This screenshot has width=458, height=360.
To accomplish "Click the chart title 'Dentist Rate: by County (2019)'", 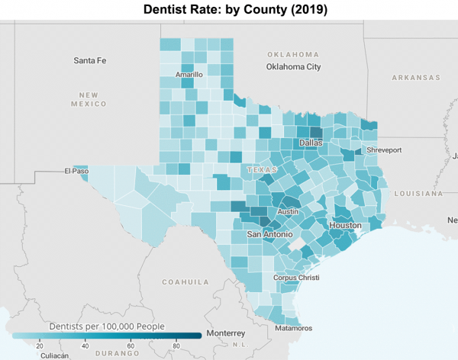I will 229,10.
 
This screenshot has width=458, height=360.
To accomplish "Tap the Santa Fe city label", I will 90,60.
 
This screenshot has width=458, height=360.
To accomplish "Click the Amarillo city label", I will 189,75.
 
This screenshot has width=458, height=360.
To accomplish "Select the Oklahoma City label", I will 293,67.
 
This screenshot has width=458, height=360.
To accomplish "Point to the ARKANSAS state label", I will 416,78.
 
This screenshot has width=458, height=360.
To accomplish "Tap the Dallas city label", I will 311,143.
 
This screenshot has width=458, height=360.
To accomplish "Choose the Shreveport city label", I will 384,151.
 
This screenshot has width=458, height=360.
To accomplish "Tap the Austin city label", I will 288,212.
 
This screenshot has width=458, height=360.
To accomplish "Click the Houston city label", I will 346,227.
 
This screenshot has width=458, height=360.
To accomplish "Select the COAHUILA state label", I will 185,281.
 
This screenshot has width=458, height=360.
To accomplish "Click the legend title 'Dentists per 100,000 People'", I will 106,326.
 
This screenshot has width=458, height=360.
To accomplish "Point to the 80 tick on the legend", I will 176,346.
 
